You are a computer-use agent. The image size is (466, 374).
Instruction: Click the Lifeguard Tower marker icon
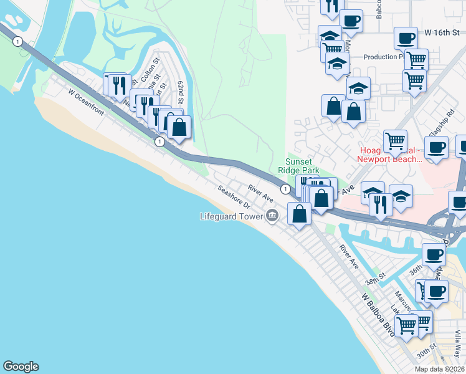pyautogui.click(x=272, y=216)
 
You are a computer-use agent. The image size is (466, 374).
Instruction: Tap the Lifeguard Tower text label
pyautogui.click(x=232, y=217)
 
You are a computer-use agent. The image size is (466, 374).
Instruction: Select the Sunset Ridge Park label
pyautogui.click(x=302, y=166)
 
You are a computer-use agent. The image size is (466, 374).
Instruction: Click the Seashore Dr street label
pyautogui.click(x=234, y=196)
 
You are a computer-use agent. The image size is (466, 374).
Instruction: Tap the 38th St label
pyautogui.click(x=372, y=281)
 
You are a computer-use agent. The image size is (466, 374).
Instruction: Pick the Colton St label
pyautogui.click(x=150, y=68)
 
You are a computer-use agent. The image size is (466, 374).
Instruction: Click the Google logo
pyautogui.click(x=21, y=367)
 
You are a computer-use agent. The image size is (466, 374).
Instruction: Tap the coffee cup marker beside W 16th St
pyautogui.click(x=406, y=38)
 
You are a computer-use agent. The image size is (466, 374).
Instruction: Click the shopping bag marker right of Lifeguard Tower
pyautogui.click(x=300, y=213)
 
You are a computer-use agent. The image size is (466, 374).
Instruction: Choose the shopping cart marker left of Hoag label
pyautogui.click(x=395, y=141)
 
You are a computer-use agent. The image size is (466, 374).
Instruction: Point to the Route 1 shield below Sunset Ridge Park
pyautogui.click(x=285, y=188)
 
